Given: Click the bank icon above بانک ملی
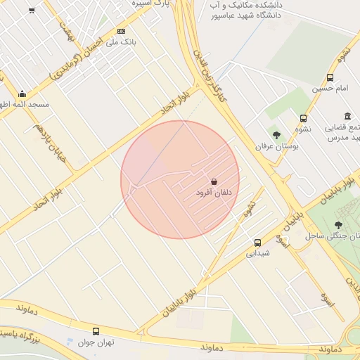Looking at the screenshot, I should (121, 31).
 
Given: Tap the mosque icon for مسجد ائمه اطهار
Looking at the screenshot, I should (22, 94).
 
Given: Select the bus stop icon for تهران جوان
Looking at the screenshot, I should (96, 331).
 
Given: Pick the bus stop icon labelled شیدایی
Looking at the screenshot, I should (257, 243).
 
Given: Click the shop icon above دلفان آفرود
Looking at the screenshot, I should (214, 181).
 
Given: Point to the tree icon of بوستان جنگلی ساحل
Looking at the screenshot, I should (339, 225).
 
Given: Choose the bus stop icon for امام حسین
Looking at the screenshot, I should (330, 78).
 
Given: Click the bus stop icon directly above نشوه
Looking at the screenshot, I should (303, 118).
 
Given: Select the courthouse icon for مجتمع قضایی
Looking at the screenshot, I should (347, 117).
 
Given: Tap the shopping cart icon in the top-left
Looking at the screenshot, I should (32, 11).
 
